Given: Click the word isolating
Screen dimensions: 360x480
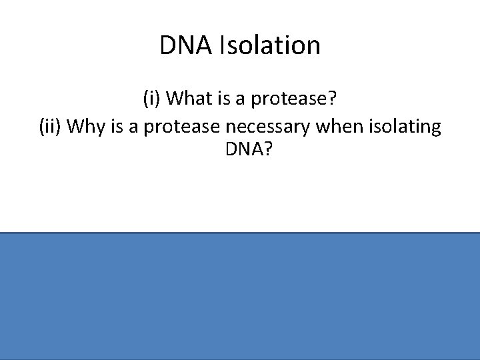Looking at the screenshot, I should [399, 126].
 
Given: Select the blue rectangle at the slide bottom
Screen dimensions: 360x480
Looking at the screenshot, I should [240, 296].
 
